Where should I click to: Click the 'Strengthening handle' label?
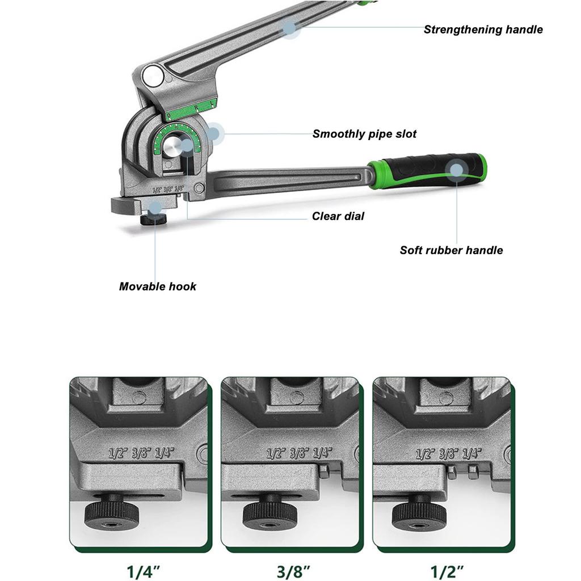click(483, 30)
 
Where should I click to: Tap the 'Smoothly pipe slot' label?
click(364, 134)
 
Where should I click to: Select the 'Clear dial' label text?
click(338, 216)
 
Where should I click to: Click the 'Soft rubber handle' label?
click(451, 250)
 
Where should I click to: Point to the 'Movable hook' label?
click(158, 287)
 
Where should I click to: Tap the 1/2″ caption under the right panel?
click(444, 569)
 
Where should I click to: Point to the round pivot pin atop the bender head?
click(151, 75)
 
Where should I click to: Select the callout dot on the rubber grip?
click(456, 169)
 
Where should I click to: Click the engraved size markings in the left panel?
click(141, 453)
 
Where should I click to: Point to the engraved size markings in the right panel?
click(448, 453)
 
